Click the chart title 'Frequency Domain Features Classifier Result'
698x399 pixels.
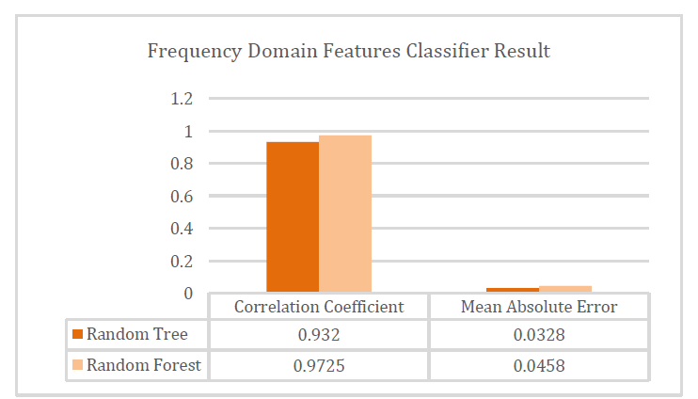[349, 51]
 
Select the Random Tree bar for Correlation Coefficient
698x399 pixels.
[293, 216]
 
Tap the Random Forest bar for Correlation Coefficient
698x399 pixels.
[345, 214]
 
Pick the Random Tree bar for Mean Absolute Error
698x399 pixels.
[513, 290]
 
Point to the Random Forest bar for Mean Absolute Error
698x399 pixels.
[565, 289]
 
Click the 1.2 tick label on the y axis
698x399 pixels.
[182, 99]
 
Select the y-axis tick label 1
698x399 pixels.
[188, 132]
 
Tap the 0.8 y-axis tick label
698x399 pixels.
[182, 164]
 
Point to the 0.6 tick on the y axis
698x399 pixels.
[182, 197]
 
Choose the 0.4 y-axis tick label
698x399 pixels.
[182, 229]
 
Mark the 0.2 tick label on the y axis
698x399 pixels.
[182, 261]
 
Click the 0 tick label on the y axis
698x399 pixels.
[188, 294]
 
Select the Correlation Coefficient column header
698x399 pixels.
[319, 307]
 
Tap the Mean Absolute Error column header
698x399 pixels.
[539, 307]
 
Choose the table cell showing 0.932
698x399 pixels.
[319, 335]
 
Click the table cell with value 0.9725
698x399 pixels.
[319, 366]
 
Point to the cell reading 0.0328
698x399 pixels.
[539, 335]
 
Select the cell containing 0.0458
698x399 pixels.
[539, 366]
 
